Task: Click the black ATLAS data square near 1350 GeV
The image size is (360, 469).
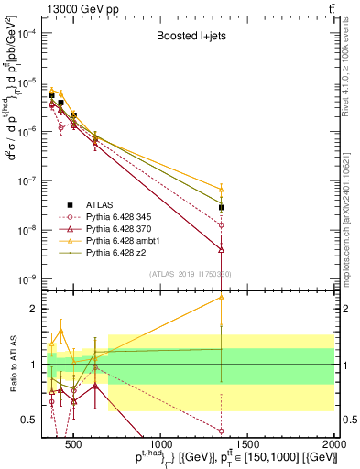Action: (221, 208)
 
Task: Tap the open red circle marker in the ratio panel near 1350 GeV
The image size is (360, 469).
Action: (221, 431)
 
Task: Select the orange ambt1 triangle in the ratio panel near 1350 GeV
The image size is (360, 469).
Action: (221, 297)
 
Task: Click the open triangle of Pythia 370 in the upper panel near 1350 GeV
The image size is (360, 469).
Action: (221, 248)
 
